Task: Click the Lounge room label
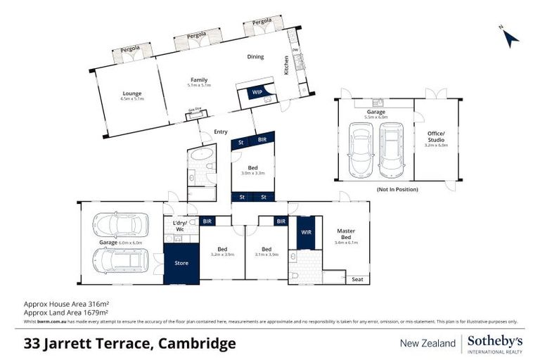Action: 132,94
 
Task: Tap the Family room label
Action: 199,79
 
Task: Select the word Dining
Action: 255,57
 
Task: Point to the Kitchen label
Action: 286,65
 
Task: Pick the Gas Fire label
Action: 194,109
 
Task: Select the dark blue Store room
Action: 181,263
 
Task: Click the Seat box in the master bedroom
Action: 359,279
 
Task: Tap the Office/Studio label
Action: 437,136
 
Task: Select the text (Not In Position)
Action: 397,189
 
